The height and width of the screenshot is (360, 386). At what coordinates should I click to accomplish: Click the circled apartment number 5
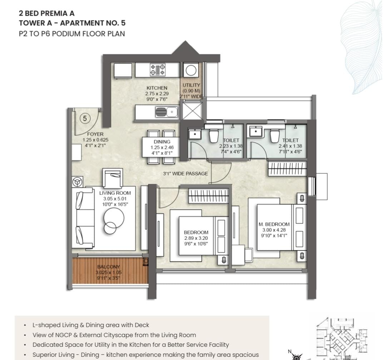coord(85,118)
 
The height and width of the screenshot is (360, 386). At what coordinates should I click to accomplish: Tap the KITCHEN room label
coord(157,88)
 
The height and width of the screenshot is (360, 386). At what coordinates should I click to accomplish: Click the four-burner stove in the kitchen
coord(158,69)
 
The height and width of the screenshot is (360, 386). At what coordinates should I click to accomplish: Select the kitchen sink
coord(167,112)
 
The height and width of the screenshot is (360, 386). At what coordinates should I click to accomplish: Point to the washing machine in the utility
coord(191,70)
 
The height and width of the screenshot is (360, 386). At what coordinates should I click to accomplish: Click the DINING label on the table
coord(162,142)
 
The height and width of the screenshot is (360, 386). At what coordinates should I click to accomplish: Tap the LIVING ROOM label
coord(115,193)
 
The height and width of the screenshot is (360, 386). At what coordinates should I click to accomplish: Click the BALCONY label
coord(109,267)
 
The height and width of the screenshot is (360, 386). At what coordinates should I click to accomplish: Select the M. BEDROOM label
coord(274,224)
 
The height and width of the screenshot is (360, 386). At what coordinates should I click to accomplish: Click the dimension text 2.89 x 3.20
coord(196,238)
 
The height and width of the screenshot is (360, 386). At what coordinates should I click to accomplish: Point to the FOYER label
coord(95,134)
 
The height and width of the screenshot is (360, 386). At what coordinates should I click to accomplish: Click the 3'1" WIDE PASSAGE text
coord(185,174)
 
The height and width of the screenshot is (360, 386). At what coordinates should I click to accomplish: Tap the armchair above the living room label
coord(113,178)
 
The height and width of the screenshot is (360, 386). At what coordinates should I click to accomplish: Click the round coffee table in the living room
coord(114,218)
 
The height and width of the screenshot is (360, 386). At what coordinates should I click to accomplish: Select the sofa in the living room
coord(83,218)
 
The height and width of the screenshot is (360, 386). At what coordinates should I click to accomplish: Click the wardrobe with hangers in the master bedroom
coord(287,169)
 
